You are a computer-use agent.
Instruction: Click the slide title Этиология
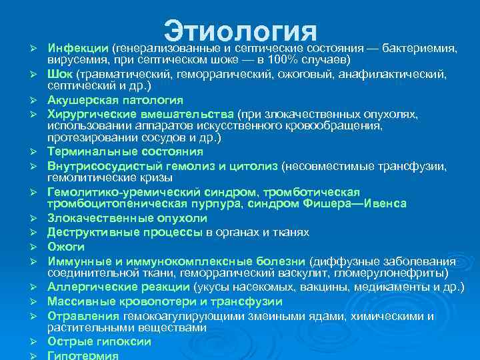(x=239, y=30)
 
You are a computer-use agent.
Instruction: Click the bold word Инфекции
(x=78, y=49)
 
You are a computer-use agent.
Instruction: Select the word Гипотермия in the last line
(x=81, y=355)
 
